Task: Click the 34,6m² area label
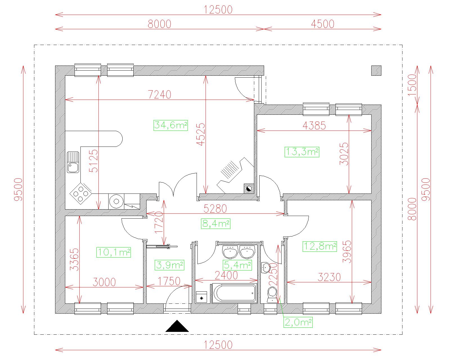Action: [171, 125]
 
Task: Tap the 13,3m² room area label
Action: [302, 152]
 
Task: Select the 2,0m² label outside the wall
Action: [298, 322]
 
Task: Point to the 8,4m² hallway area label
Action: [216, 224]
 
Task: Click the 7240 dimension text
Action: [159, 94]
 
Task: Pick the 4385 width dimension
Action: [314, 125]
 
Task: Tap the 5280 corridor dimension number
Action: [215, 209]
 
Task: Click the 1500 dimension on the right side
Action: [412, 85]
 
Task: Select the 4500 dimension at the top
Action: [323, 24]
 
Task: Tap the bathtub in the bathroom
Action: [235, 293]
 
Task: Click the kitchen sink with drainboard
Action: [73, 162]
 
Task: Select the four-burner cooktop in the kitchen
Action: [81, 193]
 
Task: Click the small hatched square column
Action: [376, 71]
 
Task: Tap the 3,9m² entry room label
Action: [169, 265]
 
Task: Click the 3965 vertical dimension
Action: [347, 252]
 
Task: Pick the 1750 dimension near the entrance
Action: [169, 281]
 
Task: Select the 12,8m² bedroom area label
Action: [320, 246]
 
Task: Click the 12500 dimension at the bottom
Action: [218, 345]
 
